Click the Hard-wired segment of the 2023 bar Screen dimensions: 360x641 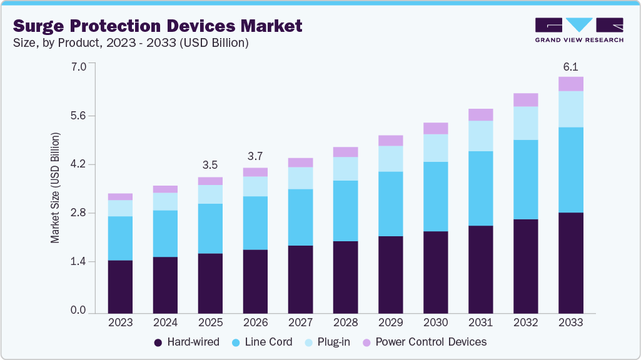(x=120, y=286)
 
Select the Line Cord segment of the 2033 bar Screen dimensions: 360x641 (x=570, y=170)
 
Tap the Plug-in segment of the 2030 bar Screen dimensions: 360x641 (x=435, y=148)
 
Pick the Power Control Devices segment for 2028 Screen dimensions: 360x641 (x=345, y=152)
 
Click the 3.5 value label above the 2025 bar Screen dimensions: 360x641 (x=210, y=166)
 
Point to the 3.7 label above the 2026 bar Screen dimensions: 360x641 (x=255, y=156)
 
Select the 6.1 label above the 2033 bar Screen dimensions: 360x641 (x=570, y=66)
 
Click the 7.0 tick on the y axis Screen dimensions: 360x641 (x=78, y=66)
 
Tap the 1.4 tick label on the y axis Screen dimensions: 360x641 (x=78, y=262)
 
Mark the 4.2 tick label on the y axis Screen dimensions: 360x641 (x=78, y=165)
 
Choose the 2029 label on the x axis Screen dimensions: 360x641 (x=390, y=323)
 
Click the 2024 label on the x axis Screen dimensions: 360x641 (x=165, y=323)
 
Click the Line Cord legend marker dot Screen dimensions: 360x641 (x=236, y=342)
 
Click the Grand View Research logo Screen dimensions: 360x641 (x=578, y=30)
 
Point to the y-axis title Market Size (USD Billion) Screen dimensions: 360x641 (x=55, y=187)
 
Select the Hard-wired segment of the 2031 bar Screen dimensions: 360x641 (x=480, y=269)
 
